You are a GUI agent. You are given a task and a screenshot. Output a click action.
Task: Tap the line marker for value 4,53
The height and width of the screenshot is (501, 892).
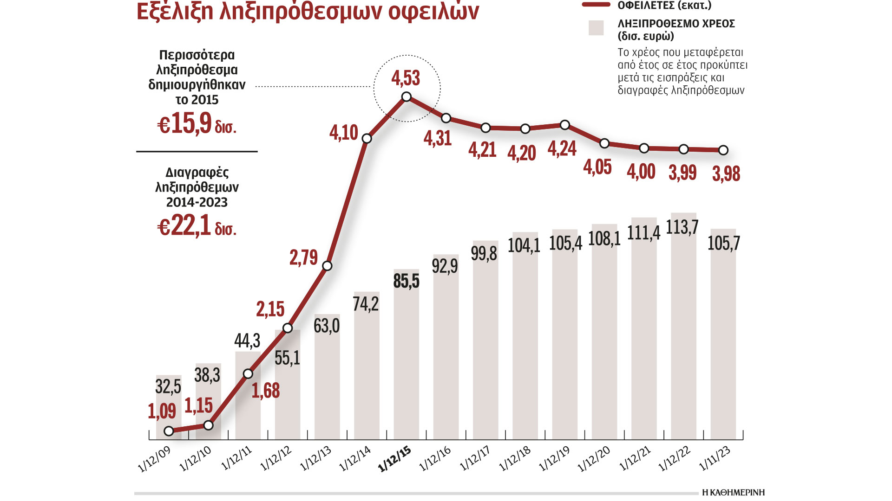[x=407, y=96]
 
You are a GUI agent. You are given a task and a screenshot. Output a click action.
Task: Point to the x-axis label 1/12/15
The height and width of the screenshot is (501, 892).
[x=395, y=459]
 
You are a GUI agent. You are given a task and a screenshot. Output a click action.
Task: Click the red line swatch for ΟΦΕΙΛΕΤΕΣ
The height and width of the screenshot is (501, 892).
[x=596, y=5]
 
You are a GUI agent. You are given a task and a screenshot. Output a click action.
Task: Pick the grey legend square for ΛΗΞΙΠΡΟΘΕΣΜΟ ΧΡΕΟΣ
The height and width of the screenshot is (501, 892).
[x=596, y=28]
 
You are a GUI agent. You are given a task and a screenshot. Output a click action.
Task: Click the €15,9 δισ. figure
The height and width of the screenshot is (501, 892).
[x=197, y=124]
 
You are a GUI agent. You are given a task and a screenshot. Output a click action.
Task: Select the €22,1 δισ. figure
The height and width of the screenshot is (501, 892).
[x=197, y=226]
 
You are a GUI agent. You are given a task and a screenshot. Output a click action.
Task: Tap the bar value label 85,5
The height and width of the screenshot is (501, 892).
[x=406, y=281]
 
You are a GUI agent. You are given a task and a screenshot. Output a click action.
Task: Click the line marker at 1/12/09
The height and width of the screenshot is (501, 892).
[x=169, y=431]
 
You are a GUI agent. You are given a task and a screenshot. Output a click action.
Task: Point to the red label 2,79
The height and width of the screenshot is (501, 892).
[x=303, y=258]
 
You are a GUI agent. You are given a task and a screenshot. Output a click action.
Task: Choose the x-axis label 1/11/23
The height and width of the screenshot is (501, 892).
[x=715, y=459]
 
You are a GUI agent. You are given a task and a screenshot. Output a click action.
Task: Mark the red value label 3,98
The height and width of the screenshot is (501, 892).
[x=726, y=174]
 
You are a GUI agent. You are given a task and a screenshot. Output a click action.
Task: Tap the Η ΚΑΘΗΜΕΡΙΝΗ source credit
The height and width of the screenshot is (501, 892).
[x=733, y=493]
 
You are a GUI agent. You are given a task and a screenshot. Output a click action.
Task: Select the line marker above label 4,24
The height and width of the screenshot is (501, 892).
[x=565, y=125]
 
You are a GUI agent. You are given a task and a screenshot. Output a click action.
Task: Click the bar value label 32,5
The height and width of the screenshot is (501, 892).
[x=168, y=386]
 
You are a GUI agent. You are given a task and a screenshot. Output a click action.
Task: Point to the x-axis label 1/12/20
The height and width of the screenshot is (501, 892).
[x=594, y=459]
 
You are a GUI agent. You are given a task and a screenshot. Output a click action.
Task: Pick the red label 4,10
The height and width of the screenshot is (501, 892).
[x=344, y=133]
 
